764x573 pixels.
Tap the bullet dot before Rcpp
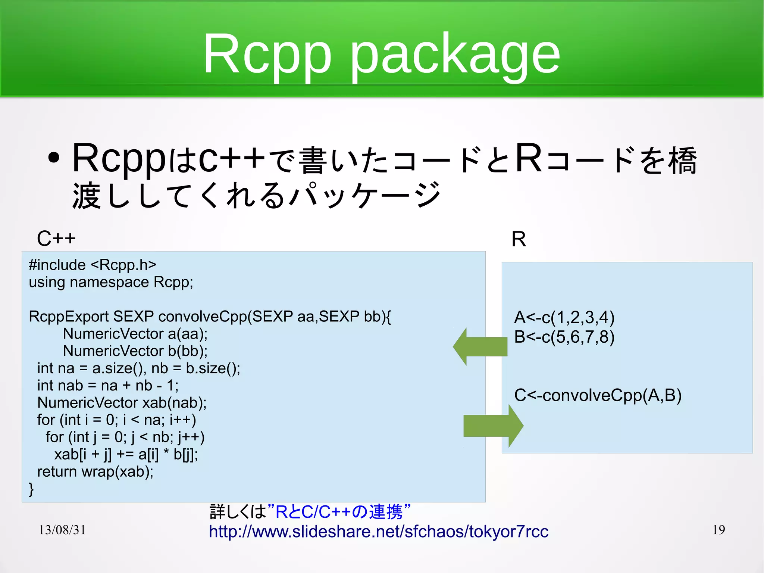(x=54, y=158)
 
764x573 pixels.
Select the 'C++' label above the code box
(x=56, y=239)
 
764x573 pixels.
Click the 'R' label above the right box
(x=519, y=239)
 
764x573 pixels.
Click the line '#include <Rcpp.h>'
(x=93, y=265)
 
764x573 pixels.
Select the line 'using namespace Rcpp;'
(x=111, y=282)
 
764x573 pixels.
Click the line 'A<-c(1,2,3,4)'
(x=564, y=318)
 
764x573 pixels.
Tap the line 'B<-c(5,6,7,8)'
(x=564, y=337)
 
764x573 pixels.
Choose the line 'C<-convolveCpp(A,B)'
(x=598, y=395)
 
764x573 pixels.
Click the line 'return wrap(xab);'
(x=95, y=472)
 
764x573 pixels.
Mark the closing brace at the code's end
(x=31, y=489)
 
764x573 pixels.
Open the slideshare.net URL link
(x=378, y=532)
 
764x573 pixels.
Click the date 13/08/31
(x=62, y=530)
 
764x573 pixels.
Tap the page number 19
(x=718, y=530)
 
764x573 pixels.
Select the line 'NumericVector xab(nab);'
(x=122, y=403)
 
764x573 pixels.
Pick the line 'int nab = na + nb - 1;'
(x=108, y=386)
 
